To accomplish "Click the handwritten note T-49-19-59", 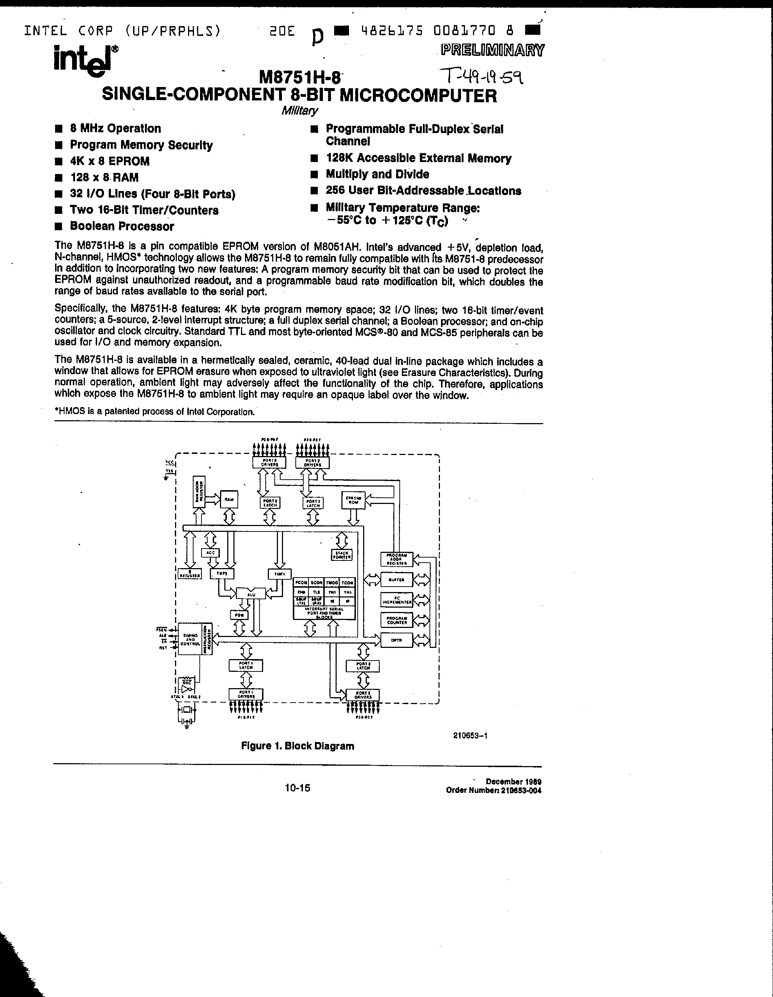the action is [x=481, y=75].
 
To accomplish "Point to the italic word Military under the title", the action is [x=299, y=111].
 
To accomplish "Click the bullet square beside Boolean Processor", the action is [x=58, y=227].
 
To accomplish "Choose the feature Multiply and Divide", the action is [x=377, y=174].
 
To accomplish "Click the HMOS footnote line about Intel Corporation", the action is [x=154, y=412].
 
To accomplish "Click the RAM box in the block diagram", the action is [x=229, y=500].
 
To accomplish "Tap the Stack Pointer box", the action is [x=341, y=555].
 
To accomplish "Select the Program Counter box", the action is [x=396, y=620].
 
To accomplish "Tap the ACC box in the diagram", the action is [x=210, y=553].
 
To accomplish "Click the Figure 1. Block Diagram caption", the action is [x=298, y=746].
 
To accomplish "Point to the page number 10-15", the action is [x=298, y=787].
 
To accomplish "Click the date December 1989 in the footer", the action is [x=514, y=782].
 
